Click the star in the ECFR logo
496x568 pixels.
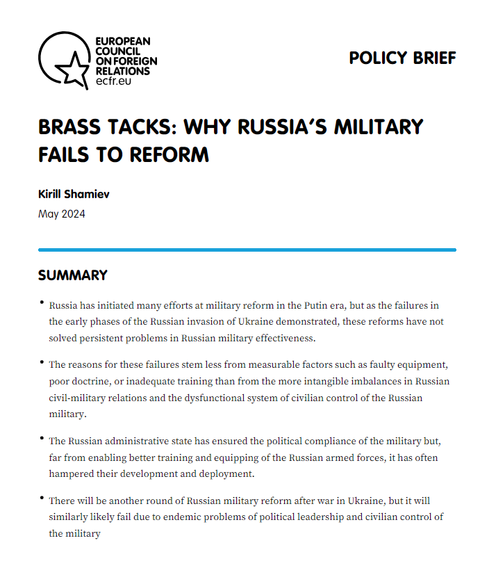(x=72, y=67)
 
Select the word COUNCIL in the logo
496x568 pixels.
(x=117, y=51)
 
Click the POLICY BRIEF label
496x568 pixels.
(x=402, y=58)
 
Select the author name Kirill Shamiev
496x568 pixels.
(x=74, y=194)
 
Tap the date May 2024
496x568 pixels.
(x=62, y=213)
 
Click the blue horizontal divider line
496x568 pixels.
(x=247, y=249)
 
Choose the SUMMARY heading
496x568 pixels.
(x=73, y=275)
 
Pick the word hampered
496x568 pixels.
(x=72, y=474)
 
